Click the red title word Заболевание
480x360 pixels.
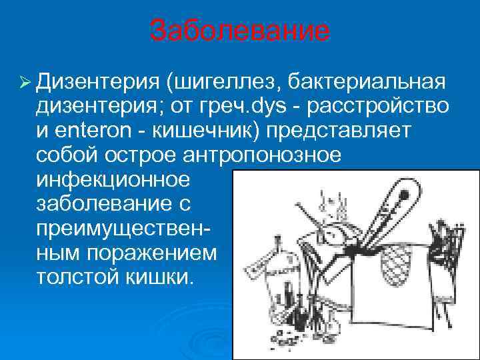point(239,31)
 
